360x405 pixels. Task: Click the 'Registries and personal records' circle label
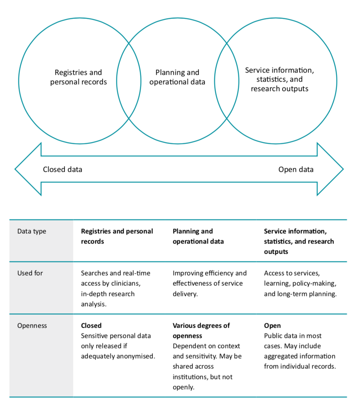tap(78, 77)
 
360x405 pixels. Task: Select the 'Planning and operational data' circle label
tap(177, 77)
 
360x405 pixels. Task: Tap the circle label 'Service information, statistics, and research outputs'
tap(279, 80)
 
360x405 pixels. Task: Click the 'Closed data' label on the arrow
tap(62, 169)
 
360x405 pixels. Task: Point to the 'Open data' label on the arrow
tap(296, 169)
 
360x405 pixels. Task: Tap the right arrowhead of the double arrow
tap(330, 169)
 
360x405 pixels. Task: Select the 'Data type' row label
tap(32, 231)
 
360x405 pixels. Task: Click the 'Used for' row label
tap(30, 273)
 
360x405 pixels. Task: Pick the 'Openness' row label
tap(32, 325)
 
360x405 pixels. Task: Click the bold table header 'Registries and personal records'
tap(117, 236)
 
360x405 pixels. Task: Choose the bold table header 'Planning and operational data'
tap(198, 236)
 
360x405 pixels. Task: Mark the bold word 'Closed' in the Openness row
tap(91, 325)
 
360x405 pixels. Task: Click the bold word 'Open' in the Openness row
tap(272, 325)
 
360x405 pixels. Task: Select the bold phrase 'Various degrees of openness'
tap(201, 330)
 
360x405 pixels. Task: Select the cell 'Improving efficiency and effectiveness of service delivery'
tap(209, 283)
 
